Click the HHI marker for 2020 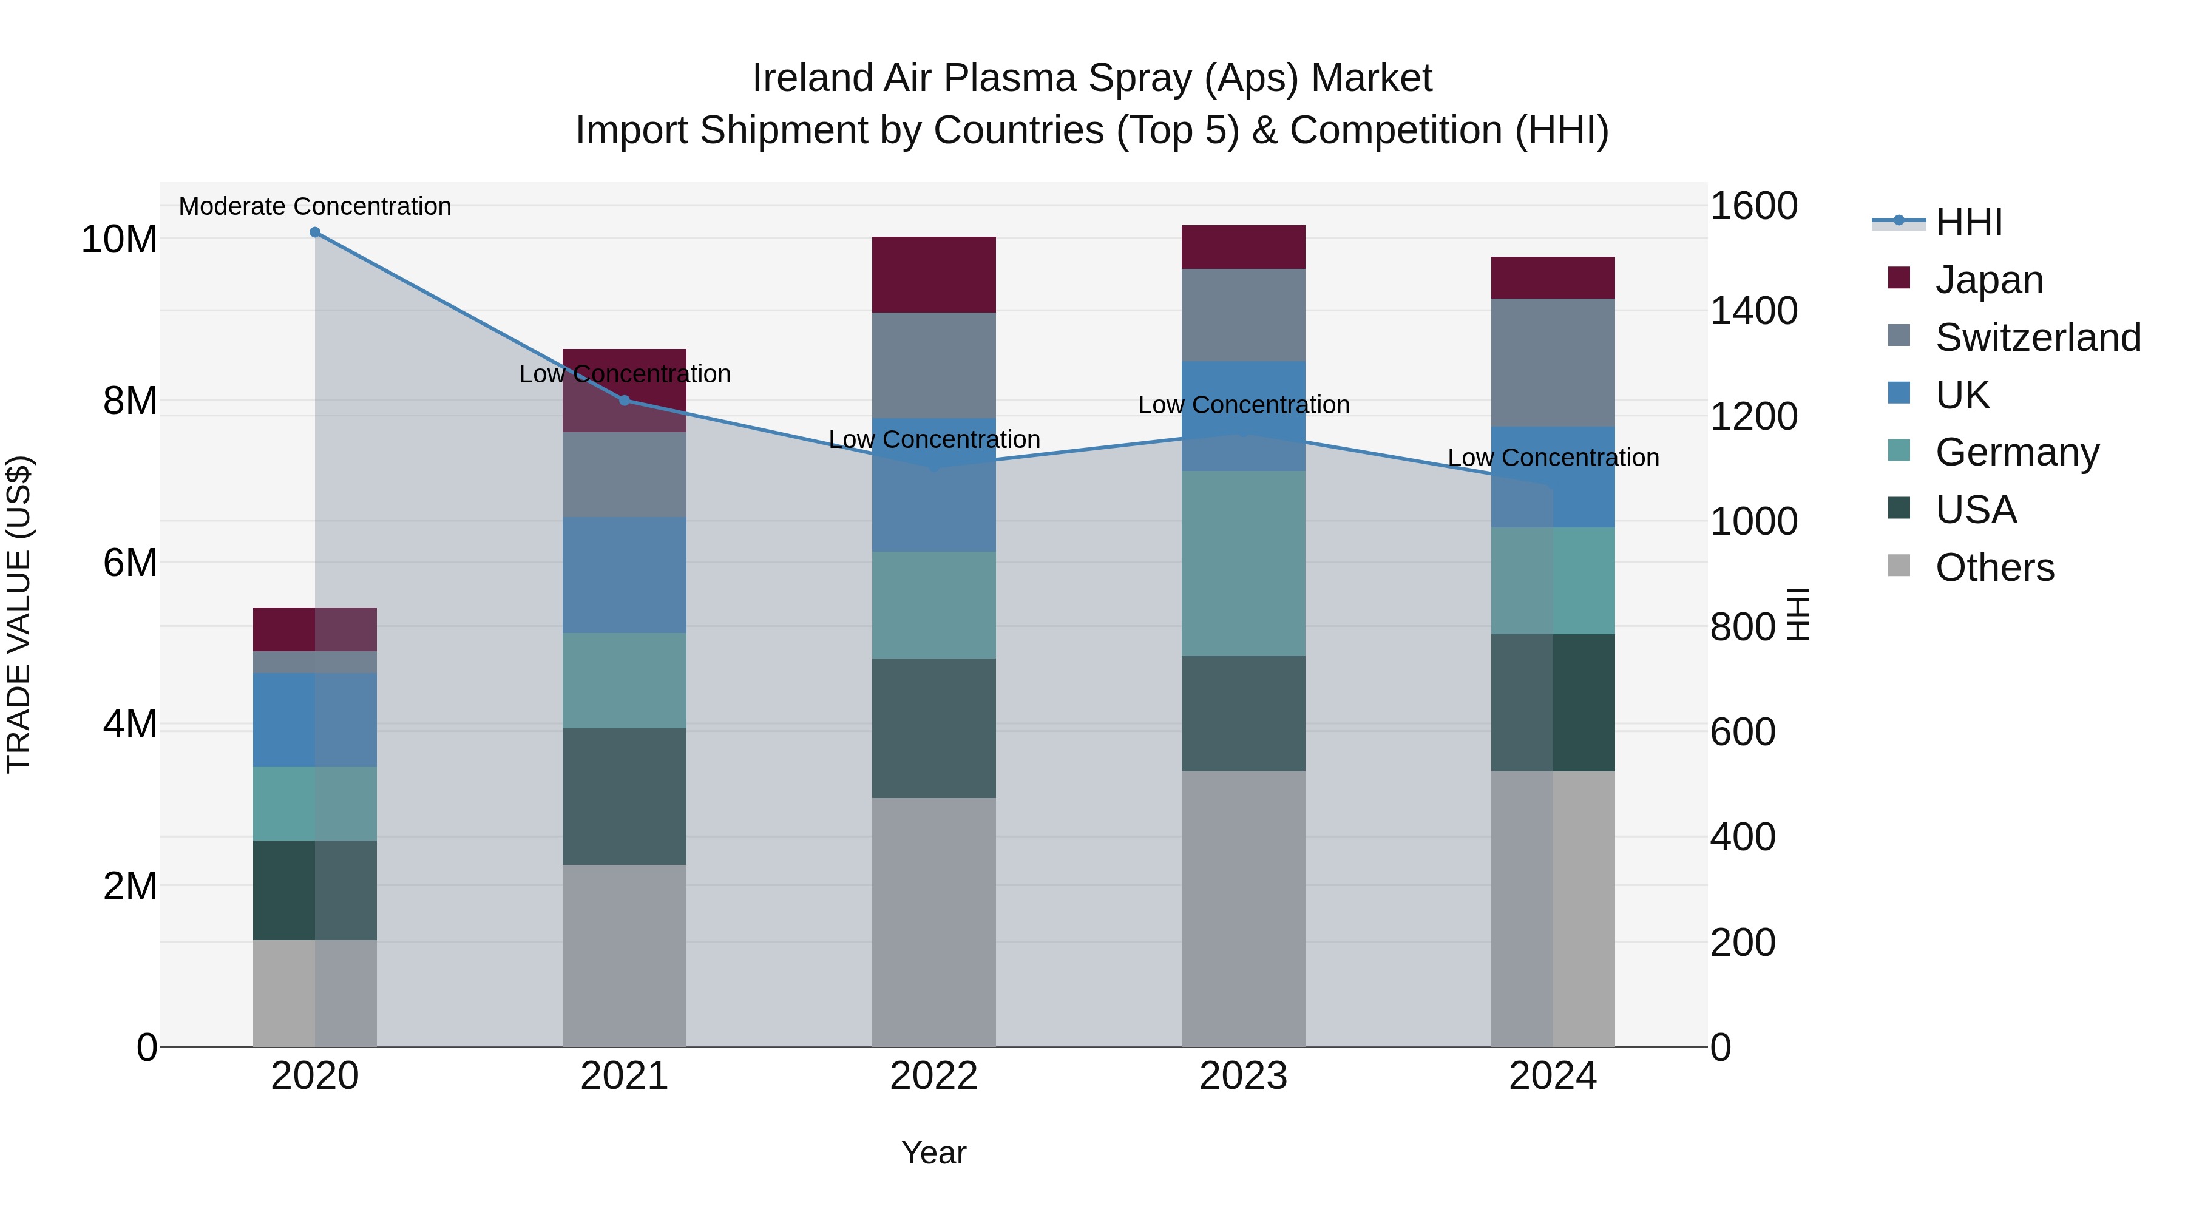[x=314, y=232]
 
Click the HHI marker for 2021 [x=625, y=401]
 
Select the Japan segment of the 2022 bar [x=934, y=275]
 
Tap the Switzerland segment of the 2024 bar [x=1553, y=363]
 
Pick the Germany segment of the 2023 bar [x=1244, y=563]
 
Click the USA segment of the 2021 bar [x=625, y=796]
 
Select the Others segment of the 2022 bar [x=934, y=922]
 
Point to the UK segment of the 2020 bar [x=314, y=720]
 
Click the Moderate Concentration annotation [x=314, y=206]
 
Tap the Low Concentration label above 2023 [x=1244, y=405]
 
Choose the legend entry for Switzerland [x=2038, y=337]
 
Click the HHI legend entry [x=1968, y=222]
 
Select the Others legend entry [x=1994, y=567]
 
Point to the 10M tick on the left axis [x=119, y=239]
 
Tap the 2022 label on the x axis [x=934, y=1076]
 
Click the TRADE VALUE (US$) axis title [x=19, y=614]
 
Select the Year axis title [x=934, y=1153]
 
